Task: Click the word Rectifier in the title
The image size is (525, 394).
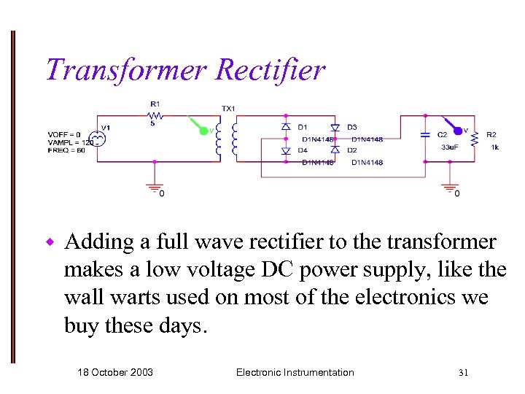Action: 270,70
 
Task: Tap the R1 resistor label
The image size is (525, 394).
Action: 155,104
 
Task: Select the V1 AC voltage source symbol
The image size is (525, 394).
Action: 95,139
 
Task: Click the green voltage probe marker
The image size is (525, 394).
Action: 204,131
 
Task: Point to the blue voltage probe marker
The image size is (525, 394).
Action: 457,131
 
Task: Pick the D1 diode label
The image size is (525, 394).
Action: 303,127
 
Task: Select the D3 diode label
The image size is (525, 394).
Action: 352,127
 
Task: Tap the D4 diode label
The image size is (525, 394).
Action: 303,150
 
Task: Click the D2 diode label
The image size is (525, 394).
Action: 352,150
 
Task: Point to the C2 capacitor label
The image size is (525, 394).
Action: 442,134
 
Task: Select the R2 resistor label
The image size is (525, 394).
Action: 491,134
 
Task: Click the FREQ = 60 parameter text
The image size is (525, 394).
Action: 67,150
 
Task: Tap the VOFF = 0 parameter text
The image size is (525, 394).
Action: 66,135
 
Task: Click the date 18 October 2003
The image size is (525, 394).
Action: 115,372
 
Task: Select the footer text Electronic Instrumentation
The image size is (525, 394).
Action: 295,372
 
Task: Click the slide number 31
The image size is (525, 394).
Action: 463,373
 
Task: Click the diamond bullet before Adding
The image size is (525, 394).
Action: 50,242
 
